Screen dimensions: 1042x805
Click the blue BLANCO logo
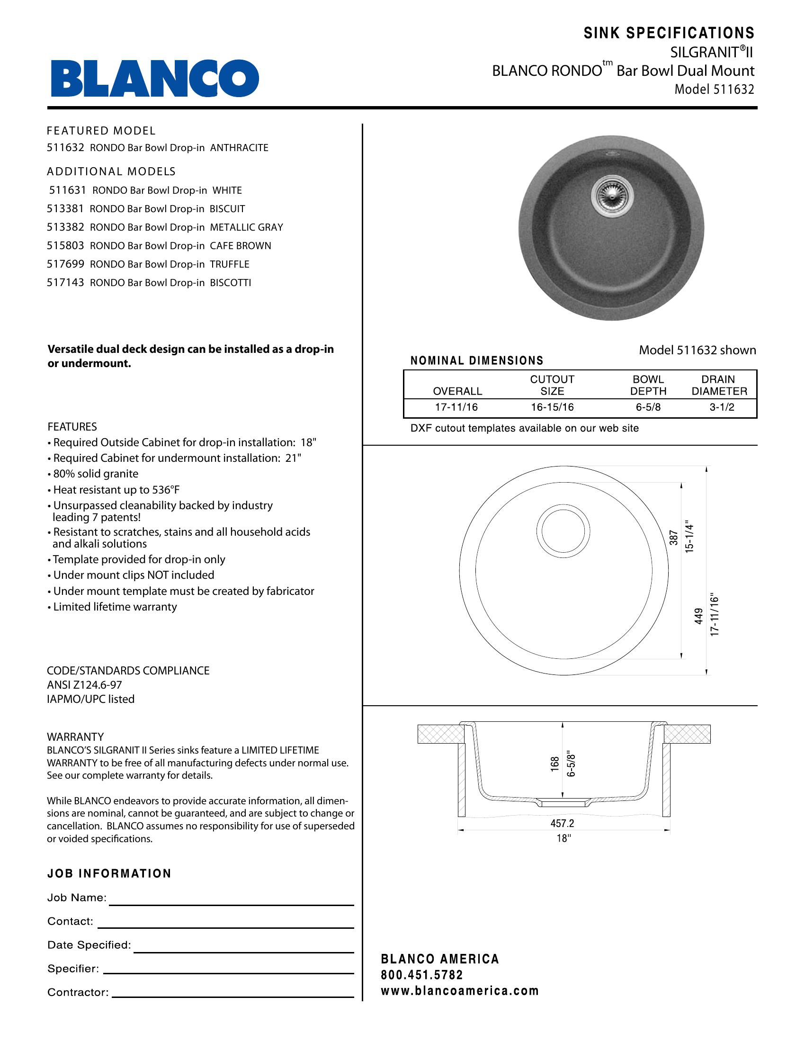[x=155, y=78]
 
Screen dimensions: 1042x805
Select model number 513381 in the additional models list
[x=65, y=209]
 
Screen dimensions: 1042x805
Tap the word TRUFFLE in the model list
[x=229, y=264]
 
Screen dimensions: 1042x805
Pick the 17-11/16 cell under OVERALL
[x=456, y=407]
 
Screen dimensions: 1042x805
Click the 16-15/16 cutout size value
[x=552, y=407]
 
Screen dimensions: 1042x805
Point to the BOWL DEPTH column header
[x=648, y=386]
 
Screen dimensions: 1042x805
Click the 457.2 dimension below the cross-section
[x=563, y=823]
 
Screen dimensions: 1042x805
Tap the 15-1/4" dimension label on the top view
[x=689, y=536]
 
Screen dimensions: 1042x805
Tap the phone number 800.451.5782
[x=422, y=975]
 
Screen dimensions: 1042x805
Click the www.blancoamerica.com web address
[x=460, y=991]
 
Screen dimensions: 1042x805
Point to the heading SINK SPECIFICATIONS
[x=669, y=33]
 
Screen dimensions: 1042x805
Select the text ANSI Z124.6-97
[x=84, y=685]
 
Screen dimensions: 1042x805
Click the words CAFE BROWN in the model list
[x=241, y=246]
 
